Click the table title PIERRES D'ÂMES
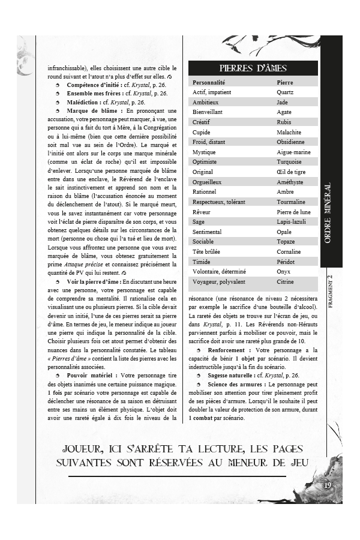(253, 68)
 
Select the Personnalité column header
(209, 82)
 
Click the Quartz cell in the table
(285, 92)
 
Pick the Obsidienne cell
(290, 142)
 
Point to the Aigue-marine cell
(293, 152)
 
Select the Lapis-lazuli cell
(292, 222)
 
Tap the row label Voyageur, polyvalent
(218, 282)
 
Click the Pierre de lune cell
(293, 212)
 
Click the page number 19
(328, 485)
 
